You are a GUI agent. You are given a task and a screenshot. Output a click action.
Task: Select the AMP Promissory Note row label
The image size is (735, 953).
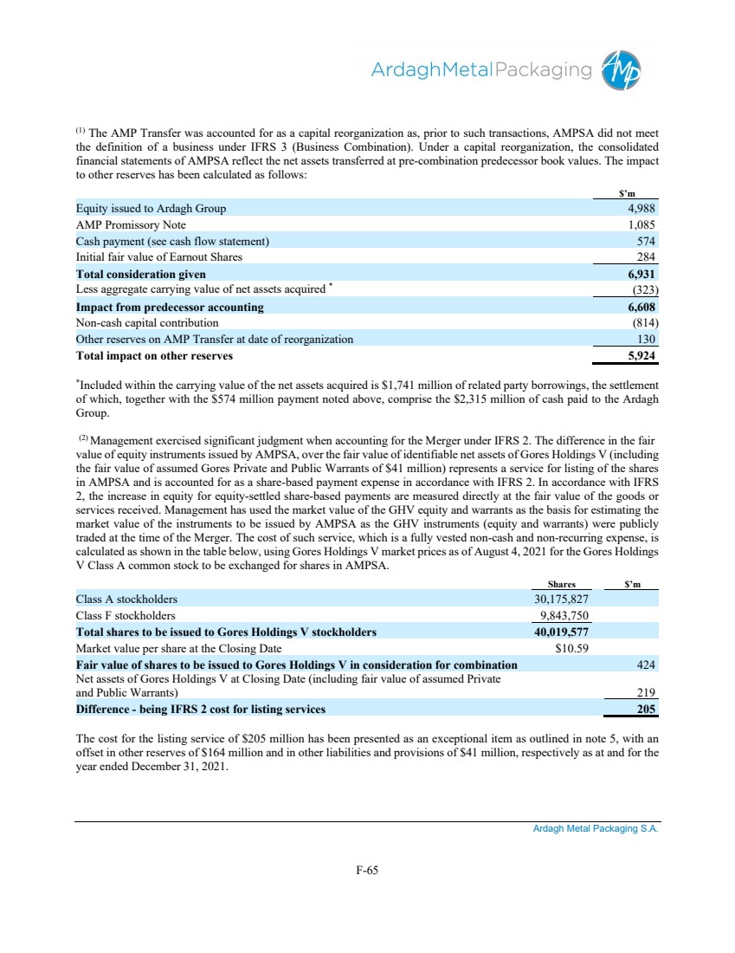(131, 225)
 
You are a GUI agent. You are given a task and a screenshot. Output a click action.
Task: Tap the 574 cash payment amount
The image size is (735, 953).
(647, 241)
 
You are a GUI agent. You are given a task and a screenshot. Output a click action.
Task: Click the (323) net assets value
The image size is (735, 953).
(642, 290)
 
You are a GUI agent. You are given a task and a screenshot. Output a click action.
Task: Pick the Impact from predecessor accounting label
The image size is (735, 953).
(170, 307)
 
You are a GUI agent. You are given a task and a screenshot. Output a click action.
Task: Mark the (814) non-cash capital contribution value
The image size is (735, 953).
(642, 323)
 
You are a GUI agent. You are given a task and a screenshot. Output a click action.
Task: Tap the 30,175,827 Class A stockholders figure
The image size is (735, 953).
(559, 600)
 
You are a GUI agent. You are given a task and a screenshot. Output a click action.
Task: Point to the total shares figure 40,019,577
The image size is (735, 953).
(558, 632)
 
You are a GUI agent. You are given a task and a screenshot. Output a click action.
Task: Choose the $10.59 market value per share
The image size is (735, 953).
(572, 648)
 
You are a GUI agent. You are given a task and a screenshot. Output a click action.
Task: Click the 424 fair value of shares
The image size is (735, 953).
(647, 665)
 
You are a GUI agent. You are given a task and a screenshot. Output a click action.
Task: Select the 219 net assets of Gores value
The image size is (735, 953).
(647, 692)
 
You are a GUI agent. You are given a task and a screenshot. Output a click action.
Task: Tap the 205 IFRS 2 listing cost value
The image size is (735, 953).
(646, 710)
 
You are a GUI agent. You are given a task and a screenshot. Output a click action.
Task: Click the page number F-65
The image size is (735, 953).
(367, 871)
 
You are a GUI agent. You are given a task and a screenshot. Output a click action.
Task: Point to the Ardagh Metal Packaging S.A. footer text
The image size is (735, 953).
(596, 829)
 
